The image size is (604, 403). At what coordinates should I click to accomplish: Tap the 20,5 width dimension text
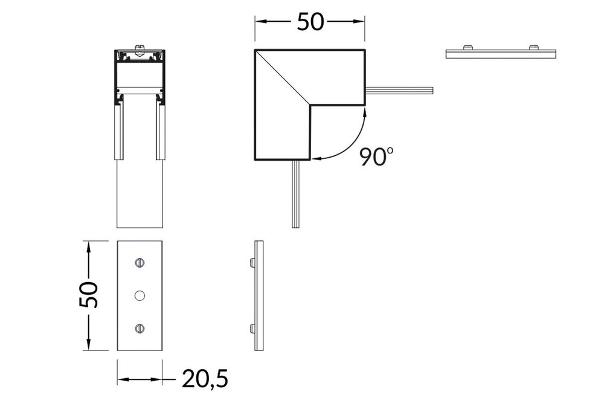click(205, 379)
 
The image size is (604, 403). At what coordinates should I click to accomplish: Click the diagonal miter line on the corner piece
click(283, 77)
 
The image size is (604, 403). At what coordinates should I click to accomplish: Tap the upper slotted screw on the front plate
click(140, 263)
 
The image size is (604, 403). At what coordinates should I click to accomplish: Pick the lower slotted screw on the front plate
click(140, 328)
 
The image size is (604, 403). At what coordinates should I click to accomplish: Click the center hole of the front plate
click(140, 295)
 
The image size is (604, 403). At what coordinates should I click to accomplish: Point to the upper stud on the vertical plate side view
click(251, 263)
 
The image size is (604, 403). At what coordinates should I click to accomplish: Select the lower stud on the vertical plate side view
click(251, 328)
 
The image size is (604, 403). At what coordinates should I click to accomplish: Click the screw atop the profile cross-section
click(140, 47)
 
